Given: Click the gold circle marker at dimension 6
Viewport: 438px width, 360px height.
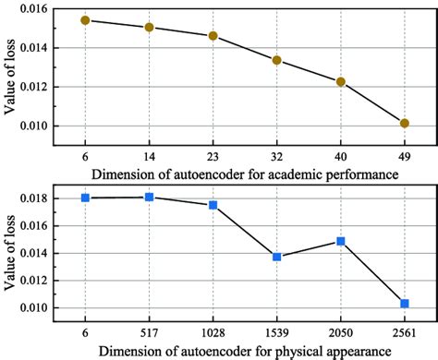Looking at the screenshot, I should (85, 20).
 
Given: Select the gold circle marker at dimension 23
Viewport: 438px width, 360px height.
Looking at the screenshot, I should (213, 36).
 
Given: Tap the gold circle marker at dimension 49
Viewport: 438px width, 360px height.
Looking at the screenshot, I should (405, 123).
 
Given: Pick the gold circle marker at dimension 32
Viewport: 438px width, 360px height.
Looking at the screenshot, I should (276, 61).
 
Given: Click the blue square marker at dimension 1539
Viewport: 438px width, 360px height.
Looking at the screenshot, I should (276, 257).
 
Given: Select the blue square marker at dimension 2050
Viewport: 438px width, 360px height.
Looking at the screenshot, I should (341, 241).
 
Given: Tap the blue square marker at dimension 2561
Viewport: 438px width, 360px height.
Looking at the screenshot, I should (405, 304).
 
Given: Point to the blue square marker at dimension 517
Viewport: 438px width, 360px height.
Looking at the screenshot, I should (149, 197).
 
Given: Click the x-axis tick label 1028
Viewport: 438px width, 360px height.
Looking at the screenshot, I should (213, 330).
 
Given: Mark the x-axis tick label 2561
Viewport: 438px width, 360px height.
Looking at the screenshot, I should (405, 330).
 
